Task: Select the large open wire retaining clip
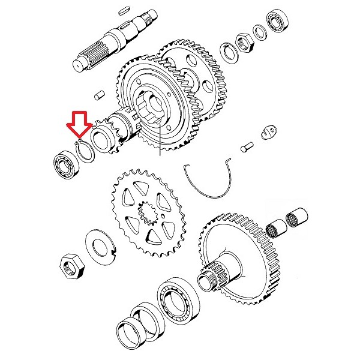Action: point(210,180)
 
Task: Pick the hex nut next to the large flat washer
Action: point(71,266)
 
